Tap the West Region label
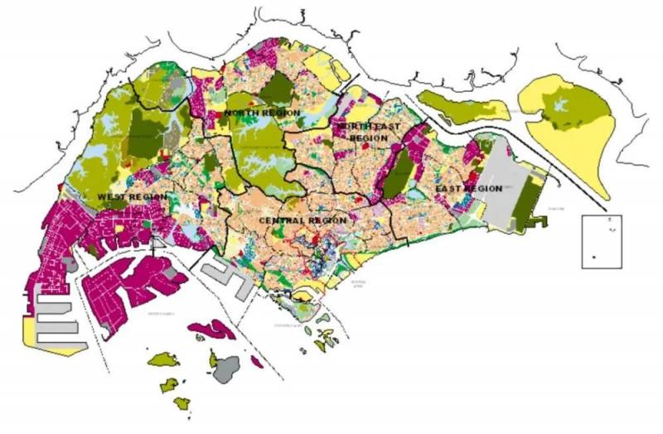[x=133, y=197]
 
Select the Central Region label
[x=302, y=220]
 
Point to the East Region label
[x=469, y=189]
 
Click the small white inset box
[x=602, y=241]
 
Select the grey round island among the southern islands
[x=225, y=368]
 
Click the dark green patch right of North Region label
[x=280, y=89]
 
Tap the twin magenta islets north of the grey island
[x=212, y=331]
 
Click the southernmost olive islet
[x=181, y=403]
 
